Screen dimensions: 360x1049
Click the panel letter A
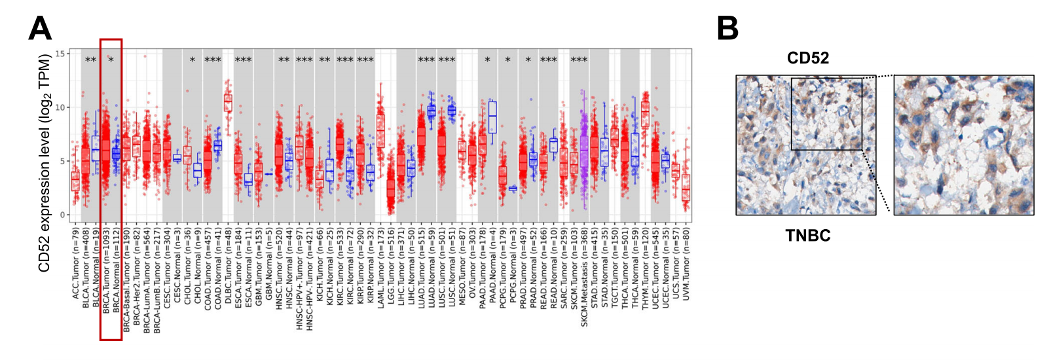coord(40,29)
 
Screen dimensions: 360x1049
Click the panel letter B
coord(727,29)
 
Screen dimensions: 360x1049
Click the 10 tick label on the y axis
coord(60,107)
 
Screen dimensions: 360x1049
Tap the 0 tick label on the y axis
coord(63,215)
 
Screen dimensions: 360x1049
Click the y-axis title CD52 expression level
coord(44,164)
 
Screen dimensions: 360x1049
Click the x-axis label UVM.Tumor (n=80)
coord(686,262)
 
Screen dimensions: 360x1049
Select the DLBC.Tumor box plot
coord(228,103)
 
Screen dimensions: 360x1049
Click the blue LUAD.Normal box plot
coord(432,111)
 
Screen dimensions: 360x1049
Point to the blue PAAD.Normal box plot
coord(492,118)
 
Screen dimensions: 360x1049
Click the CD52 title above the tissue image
coord(807,58)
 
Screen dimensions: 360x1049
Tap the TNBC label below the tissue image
coord(807,236)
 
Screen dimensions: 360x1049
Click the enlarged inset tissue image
coord(963,145)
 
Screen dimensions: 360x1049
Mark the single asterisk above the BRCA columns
coord(111,60)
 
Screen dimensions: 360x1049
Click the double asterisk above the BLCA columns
coord(91,60)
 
